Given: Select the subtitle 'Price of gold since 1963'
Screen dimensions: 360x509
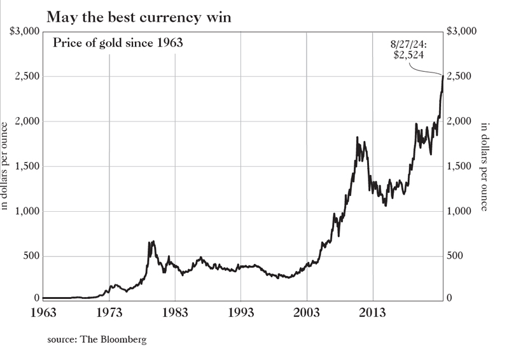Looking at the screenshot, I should (117, 45).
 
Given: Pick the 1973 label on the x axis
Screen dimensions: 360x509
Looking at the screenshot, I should (109, 312).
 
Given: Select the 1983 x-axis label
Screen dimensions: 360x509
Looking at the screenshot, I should (175, 312).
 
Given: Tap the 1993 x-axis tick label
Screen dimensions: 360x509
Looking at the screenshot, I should (241, 312).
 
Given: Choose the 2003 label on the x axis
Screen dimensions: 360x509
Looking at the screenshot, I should (307, 312).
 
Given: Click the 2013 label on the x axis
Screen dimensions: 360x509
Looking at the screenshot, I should (373, 312).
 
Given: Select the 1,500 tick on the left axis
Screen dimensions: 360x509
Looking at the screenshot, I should (27, 167).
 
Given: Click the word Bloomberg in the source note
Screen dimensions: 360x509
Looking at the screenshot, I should (125, 340).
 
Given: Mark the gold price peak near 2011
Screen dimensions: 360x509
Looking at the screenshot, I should (357, 137).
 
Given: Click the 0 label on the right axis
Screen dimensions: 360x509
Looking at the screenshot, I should (450, 298).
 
